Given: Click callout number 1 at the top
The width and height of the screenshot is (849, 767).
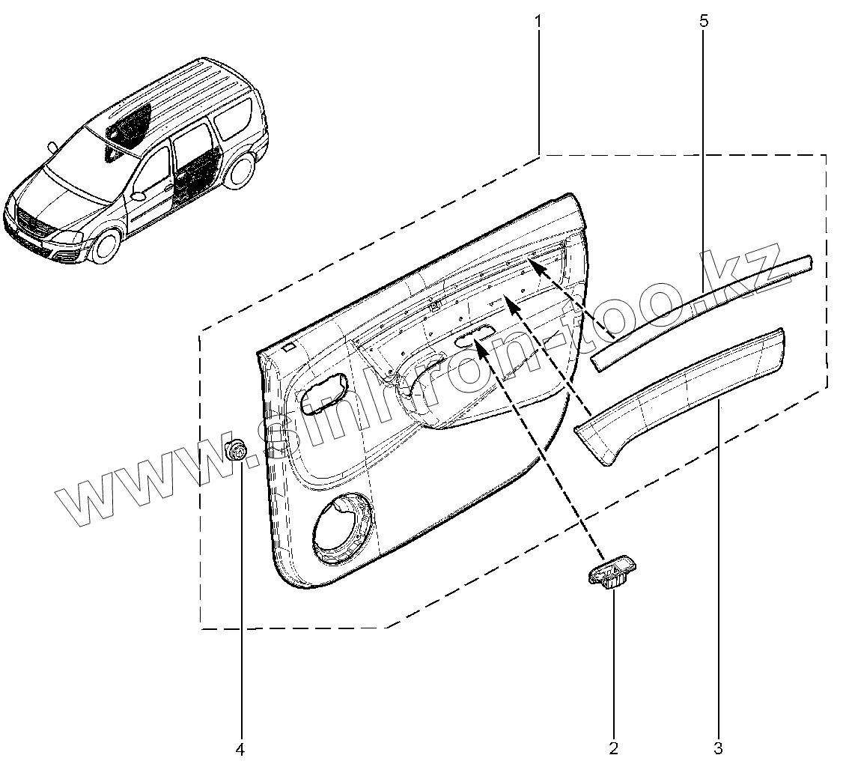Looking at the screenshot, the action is pos(538,21).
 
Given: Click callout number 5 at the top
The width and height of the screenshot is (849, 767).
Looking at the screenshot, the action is pos(703,21).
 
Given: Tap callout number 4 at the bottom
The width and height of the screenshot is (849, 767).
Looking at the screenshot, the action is pos(240,748).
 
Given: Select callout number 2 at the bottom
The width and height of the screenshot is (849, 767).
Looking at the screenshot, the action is pos(614,748).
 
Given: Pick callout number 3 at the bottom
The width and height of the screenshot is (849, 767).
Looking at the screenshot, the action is pos(718,748).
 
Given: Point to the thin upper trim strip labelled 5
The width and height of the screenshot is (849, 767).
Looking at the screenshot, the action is pos(704,307).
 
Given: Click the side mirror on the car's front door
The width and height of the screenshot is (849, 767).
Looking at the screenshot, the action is pos(137,196).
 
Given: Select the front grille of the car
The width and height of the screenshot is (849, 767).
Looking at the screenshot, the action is pos(31,223).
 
